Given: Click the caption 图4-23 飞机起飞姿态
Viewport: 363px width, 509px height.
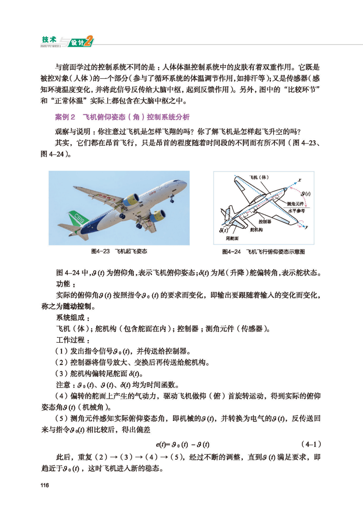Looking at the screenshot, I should [x=119, y=251].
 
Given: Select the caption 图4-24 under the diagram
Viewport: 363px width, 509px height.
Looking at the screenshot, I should [x=263, y=252].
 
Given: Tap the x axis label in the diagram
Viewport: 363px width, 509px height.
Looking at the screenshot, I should [x=300, y=180].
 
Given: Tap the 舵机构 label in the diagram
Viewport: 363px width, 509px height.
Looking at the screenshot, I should [x=257, y=229].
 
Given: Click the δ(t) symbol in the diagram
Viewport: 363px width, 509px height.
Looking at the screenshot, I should [x=224, y=230].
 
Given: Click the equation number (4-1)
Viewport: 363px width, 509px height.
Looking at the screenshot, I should [x=311, y=444].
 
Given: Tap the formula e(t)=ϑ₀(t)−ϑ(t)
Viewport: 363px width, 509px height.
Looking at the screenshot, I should [x=183, y=445].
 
